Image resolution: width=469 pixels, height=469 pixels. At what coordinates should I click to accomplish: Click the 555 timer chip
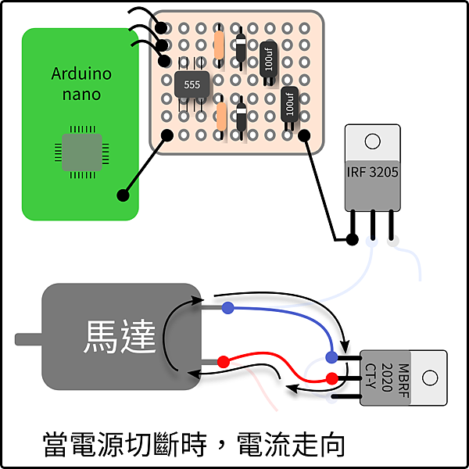192,84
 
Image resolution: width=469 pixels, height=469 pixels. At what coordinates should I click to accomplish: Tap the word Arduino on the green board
81,73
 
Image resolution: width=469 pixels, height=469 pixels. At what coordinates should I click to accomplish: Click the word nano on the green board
81,95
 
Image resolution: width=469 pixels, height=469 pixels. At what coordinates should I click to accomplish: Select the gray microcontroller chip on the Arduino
81,152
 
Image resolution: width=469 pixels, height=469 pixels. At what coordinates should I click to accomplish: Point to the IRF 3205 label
372,172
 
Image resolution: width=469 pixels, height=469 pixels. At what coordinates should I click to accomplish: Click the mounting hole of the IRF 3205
372,141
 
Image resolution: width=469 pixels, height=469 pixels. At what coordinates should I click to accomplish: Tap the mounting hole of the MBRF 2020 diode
430,378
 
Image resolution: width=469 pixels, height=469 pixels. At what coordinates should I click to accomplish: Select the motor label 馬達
120,336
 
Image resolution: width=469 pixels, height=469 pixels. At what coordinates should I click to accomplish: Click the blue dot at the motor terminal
228,308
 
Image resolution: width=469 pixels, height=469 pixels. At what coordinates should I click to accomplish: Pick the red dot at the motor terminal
224,362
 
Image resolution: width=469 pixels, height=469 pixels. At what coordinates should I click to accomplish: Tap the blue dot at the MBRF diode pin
331,357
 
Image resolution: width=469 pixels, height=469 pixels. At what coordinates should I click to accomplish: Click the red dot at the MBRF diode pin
331,378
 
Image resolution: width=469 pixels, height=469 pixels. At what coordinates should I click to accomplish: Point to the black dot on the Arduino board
123,195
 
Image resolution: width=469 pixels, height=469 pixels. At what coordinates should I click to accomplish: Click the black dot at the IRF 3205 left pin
352,239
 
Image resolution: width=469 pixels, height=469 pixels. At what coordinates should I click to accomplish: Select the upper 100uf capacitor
269,60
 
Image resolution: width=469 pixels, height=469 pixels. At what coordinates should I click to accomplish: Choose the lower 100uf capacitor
289,105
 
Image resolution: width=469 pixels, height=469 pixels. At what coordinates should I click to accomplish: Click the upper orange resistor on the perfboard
219,45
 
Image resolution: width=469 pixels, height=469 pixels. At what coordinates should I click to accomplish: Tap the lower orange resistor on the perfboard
221,116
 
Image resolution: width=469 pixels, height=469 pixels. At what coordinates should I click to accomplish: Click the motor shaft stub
29,339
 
